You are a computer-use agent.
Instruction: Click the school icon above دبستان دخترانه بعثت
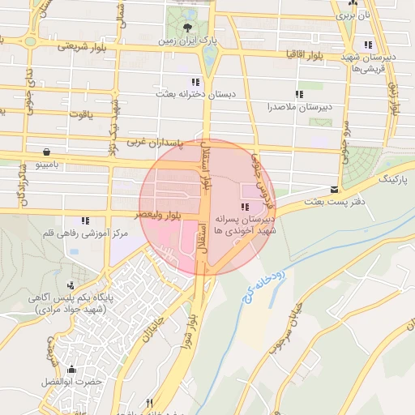[195, 82]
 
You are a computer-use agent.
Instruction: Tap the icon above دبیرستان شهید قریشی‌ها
[370, 45]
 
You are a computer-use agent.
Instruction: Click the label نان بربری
[359, 15]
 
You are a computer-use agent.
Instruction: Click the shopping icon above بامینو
[47, 152]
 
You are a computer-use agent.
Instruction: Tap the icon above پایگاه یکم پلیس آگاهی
[71, 284]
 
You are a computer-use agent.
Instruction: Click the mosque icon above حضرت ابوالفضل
[72, 369]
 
